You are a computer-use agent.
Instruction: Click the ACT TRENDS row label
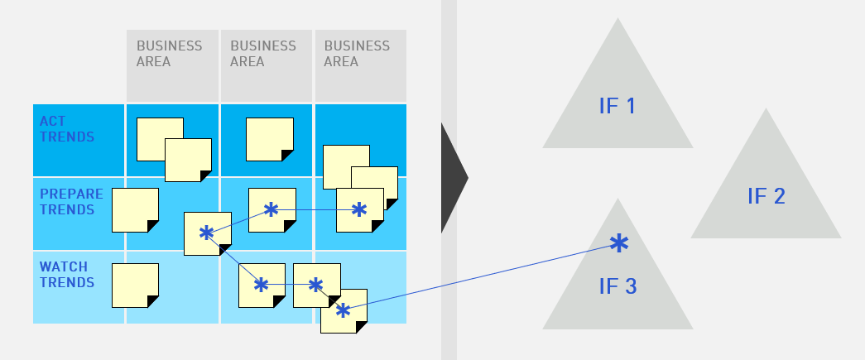coord(67,129)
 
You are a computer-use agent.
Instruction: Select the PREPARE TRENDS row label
coord(71,202)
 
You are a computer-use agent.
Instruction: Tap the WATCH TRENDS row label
coord(67,275)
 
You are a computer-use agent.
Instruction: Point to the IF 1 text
coord(618,106)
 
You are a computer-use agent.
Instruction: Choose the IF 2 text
coord(766,196)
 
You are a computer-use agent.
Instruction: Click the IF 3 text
coord(618,286)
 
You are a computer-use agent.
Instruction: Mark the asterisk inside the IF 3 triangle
coord(619,243)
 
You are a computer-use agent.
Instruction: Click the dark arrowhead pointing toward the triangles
coord(454,178)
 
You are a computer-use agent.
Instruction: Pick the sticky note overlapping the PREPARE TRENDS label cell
coord(135,210)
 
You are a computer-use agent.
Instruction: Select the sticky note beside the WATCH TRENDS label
coord(135,286)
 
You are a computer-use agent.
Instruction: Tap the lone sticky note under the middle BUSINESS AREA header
coord(270,140)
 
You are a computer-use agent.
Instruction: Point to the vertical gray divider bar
coord(449,180)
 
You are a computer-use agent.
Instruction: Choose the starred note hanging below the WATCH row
coord(344,311)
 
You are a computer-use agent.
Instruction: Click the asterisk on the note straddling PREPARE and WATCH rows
coord(206,233)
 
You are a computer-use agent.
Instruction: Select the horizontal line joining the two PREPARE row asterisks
coord(315,210)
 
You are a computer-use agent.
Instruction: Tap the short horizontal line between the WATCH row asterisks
coord(288,285)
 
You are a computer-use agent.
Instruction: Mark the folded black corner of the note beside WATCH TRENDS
coord(154,302)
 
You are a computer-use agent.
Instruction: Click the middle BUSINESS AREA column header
coord(267,65)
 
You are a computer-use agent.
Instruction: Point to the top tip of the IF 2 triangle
coord(766,108)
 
